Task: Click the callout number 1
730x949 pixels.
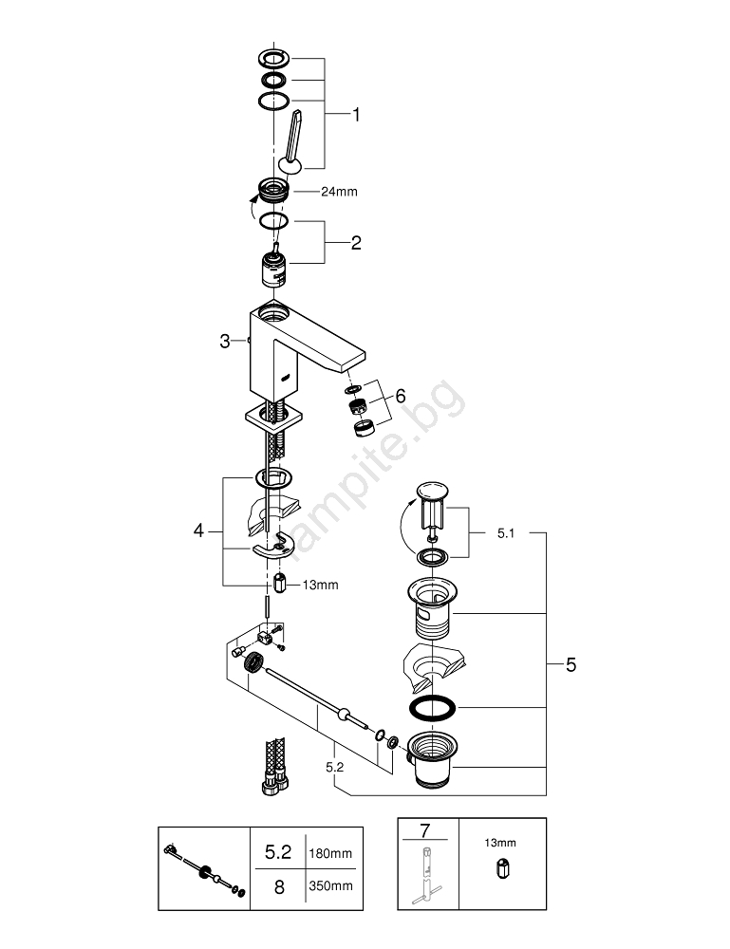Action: [356, 116]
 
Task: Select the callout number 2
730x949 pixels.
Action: [356, 243]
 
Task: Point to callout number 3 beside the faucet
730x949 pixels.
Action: [225, 342]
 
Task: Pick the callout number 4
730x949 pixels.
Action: [198, 530]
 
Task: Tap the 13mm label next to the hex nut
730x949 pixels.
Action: [319, 585]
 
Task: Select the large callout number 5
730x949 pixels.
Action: [571, 665]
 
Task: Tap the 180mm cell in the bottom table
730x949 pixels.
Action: [330, 854]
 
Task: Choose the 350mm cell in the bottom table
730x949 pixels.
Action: [330, 886]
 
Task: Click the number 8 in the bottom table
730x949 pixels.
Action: [278, 886]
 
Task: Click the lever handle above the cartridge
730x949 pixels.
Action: [291, 142]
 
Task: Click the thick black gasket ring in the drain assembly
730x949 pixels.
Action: [432, 708]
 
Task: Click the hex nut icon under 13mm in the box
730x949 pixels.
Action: [501, 868]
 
